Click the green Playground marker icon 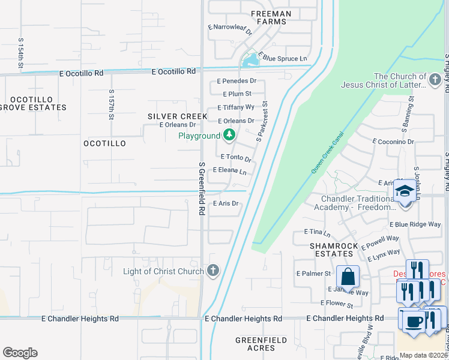click(x=229, y=136)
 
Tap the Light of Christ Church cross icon click(x=212, y=271)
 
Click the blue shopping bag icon click(x=348, y=277)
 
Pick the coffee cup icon click(x=413, y=322)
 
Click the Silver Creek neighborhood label click(x=173, y=116)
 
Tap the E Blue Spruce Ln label click(x=282, y=59)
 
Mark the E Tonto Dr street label click(x=235, y=157)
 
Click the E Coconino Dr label click(x=393, y=142)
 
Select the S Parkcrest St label click(x=262, y=122)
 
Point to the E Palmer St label click(x=313, y=274)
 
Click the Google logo click(x=20, y=353)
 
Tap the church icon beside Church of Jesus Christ click(x=436, y=79)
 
